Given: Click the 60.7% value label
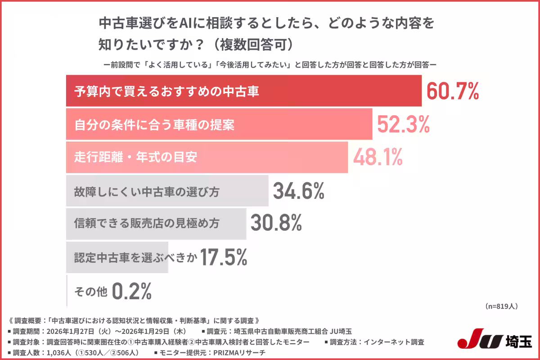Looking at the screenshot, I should point(452,91).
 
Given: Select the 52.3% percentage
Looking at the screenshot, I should point(403,124).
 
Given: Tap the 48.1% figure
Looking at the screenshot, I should point(378,157).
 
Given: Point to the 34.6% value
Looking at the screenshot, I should point(299,191).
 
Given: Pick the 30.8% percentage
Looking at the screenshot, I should point(276,224).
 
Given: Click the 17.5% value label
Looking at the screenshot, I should point(223,257).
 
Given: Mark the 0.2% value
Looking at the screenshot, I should point(131,291).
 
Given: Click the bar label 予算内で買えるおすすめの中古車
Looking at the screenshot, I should point(166,92).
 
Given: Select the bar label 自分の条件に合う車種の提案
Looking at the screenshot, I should point(154,125).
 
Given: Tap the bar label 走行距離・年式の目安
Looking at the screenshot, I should point(135,157).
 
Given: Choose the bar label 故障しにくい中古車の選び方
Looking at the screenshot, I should point(147,192).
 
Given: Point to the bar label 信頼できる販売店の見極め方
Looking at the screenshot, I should point(147,224).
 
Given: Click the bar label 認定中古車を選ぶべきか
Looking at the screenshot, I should point(135,257).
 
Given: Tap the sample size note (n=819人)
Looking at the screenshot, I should point(501,306).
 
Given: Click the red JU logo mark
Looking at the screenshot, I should point(481,341).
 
